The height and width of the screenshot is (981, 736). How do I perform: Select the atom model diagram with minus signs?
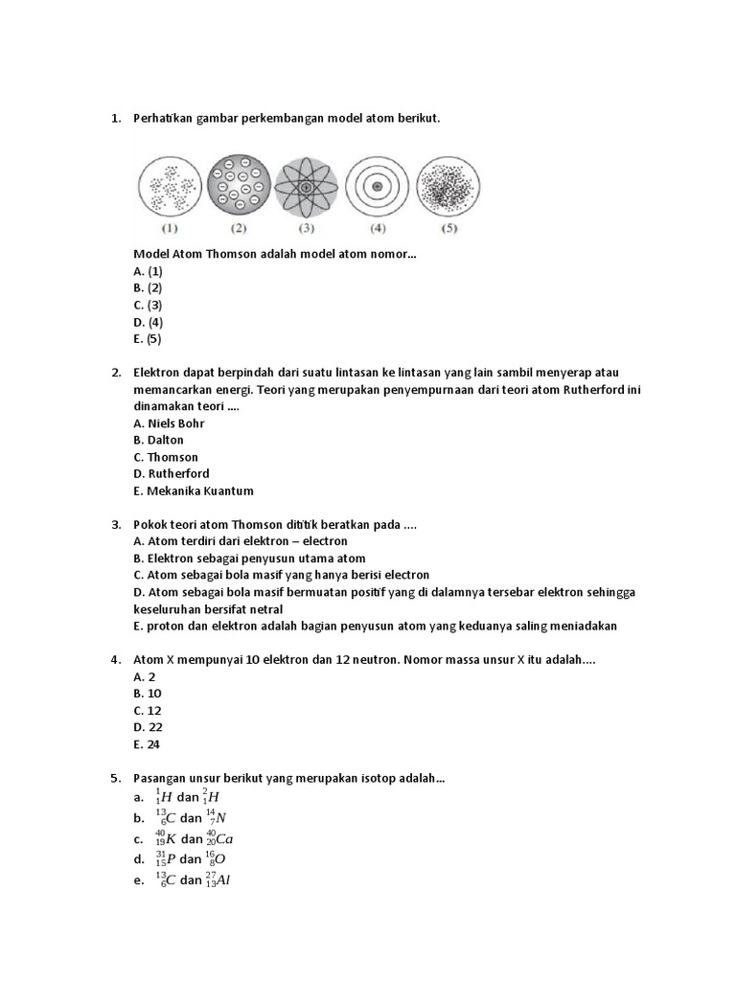point(239,185)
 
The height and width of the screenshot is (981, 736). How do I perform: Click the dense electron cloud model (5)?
point(448,186)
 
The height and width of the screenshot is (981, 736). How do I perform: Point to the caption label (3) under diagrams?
point(307,230)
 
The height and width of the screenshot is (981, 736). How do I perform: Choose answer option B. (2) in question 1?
point(149,288)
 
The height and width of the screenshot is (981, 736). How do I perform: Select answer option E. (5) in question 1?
point(149,339)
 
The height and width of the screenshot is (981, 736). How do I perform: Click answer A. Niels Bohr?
point(170,423)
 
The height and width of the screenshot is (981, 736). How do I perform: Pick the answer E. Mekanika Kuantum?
point(194,491)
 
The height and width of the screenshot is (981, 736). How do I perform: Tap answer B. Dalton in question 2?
point(159,441)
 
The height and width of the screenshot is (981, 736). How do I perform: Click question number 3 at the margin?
point(116,525)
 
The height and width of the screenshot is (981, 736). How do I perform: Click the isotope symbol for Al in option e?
point(217,879)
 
